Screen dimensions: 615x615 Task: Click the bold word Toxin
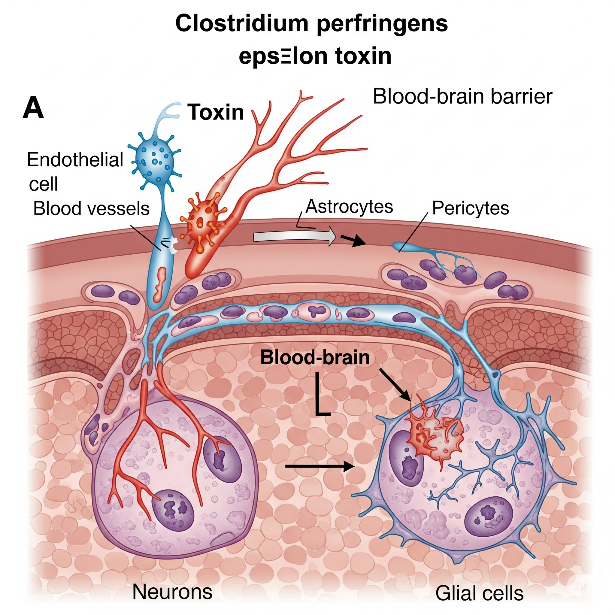216,112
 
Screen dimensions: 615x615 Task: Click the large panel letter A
33,108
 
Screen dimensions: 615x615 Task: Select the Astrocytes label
349,207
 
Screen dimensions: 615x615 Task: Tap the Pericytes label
471,208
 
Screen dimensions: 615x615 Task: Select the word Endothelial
75,159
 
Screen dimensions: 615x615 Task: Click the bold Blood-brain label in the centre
315,357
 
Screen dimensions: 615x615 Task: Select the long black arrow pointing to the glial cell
320,466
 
